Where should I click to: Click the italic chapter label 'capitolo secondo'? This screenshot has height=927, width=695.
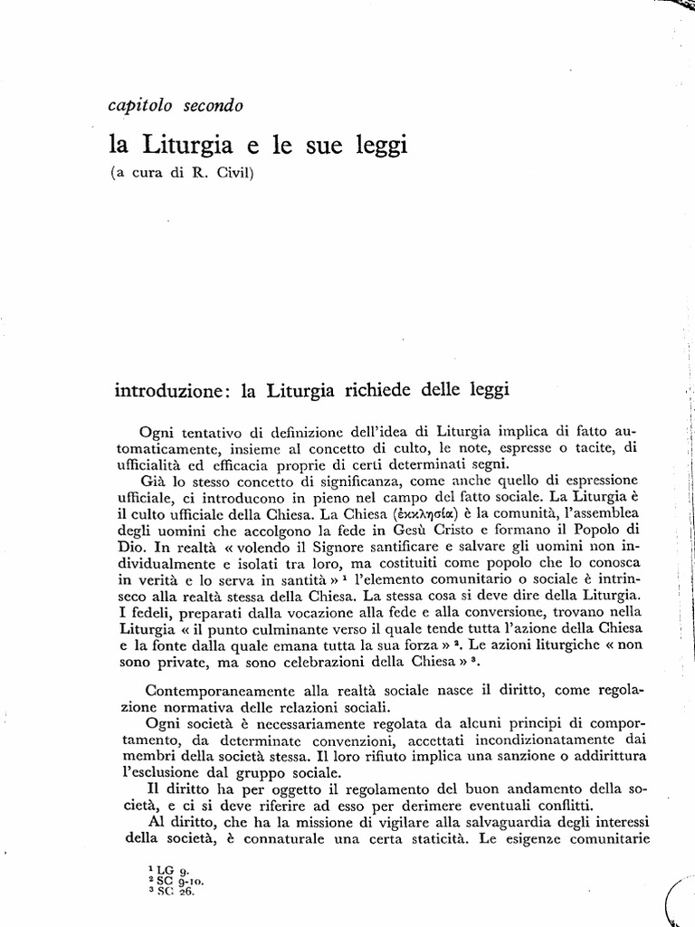pos(176,106)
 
